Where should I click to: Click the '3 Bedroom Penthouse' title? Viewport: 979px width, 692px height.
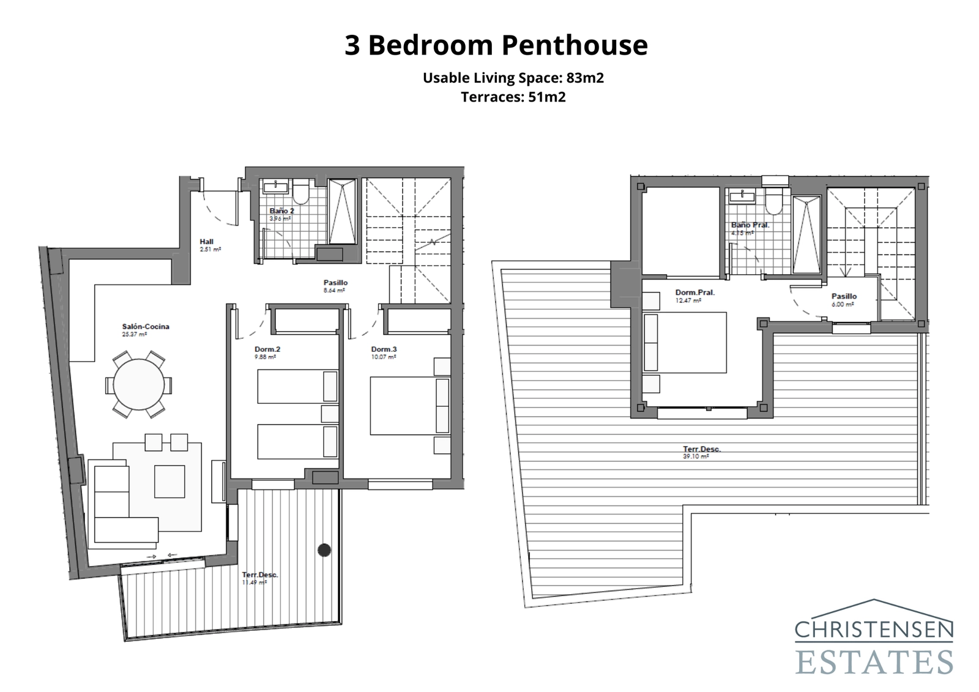click(x=496, y=45)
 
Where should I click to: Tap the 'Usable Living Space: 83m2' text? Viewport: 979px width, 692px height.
click(x=513, y=78)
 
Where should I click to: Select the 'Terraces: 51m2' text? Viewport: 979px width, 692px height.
click(x=513, y=97)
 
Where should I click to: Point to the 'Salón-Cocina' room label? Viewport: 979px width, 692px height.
click(x=146, y=327)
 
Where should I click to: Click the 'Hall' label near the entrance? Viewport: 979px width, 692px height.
click(x=206, y=242)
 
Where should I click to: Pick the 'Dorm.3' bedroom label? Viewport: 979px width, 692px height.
click(x=384, y=350)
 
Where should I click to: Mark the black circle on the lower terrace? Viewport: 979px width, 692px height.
click(x=324, y=550)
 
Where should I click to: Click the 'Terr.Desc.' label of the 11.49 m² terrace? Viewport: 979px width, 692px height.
click(x=259, y=575)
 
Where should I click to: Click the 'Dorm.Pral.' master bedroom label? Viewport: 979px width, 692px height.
click(x=694, y=292)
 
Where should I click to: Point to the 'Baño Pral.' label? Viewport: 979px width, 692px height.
click(x=750, y=225)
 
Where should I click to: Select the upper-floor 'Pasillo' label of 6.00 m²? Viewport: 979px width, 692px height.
click(x=844, y=296)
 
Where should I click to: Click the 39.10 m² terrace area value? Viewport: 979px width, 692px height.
click(x=695, y=456)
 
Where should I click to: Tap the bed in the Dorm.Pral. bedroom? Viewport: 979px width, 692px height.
click(x=685, y=343)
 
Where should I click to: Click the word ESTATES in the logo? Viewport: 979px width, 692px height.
click(x=874, y=662)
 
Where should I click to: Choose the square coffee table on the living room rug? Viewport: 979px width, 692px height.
click(x=169, y=482)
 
